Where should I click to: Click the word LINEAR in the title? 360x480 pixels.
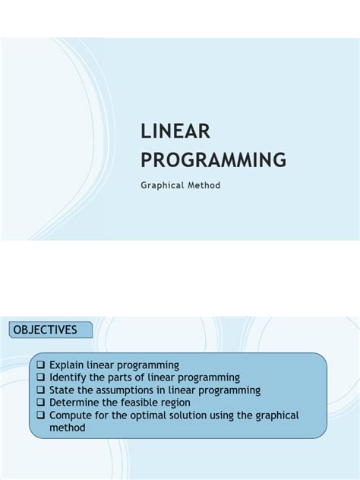pyautogui.click(x=175, y=132)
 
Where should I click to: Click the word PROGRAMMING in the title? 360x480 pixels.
pyautogui.click(x=213, y=160)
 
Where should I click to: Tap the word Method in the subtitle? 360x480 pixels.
pyautogui.click(x=206, y=185)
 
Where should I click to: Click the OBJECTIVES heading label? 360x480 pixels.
pyautogui.click(x=45, y=330)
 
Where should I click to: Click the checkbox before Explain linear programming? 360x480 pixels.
pyautogui.click(x=41, y=365)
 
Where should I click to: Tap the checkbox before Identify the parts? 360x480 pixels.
pyautogui.click(x=41, y=377)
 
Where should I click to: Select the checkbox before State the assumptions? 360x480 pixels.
pyautogui.click(x=41, y=390)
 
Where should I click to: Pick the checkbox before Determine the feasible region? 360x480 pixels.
pyautogui.click(x=41, y=403)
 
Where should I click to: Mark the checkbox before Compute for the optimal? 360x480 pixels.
pyautogui.click(x=41, y=415)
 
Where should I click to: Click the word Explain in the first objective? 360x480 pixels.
pyautogui.click(x=67, y=365)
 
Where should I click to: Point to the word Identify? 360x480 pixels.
pyautogui.click(x=68, y=377)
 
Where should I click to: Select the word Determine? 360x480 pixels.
pyautogui.click(x=74, y=403)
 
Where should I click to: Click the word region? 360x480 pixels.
pyautogui.click(x=174, y=403)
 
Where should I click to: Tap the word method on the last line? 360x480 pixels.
pyautogui.click(x=68, y=428)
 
